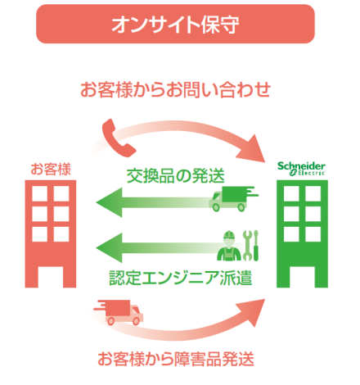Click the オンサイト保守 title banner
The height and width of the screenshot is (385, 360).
tap(175, 24)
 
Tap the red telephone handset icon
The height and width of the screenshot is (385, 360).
tap(117, 138)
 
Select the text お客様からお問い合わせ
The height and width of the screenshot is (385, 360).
tap(175, 89)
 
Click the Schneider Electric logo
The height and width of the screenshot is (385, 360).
tap(301, 169)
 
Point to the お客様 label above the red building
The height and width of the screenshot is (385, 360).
tap(51, 169)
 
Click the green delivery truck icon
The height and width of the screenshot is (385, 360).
tap(233, 199)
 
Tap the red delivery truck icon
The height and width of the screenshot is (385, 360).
tap(119, 313)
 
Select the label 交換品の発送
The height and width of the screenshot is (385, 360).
tap(175, 176)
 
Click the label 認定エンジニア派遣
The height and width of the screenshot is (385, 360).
tap(180, 278)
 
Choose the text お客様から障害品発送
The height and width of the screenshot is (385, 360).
tap(176, 359)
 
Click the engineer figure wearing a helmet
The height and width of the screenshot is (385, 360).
tap(229, 246)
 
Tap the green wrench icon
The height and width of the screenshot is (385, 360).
tap(248, 246)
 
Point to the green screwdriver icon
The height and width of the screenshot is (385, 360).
tap(256, 246)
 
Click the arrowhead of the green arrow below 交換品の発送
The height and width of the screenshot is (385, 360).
tap(110, 202)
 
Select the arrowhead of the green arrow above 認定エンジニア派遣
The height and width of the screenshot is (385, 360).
tap(110, 248)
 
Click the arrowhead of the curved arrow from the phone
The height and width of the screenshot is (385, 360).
tap(252, 149)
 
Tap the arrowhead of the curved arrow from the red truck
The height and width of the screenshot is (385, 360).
tap(252, 312)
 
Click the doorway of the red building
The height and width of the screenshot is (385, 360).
tap(51, 277)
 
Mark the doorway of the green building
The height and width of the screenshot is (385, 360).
tap(302, 277)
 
